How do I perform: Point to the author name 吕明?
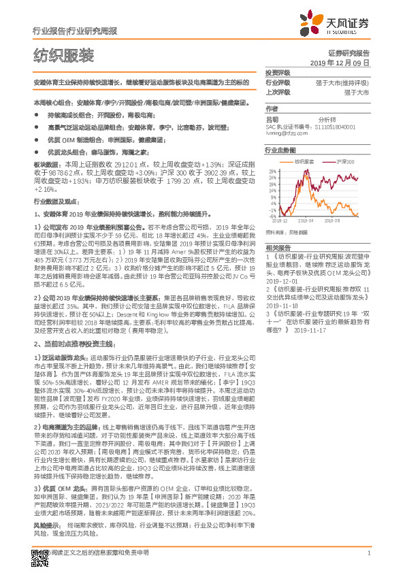coord(272,118)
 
